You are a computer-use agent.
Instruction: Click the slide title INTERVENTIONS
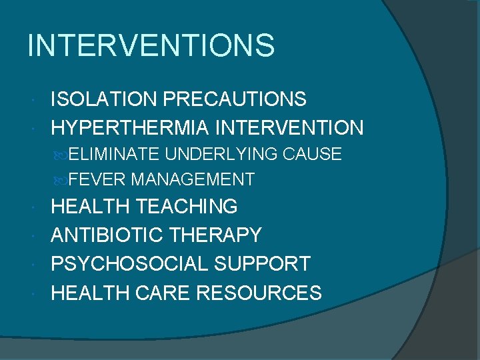tap(151, 46)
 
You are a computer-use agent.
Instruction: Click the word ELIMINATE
tap(113, 155)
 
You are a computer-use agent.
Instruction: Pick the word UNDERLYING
tap(221, 155)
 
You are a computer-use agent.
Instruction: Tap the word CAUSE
tap(313, 155)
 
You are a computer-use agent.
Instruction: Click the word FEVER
tap(97, 179)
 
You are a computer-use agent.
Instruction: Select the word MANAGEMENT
tap(193, 179)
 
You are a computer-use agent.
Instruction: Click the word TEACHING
tap(186, 207)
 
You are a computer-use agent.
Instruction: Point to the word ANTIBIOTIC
tap(109, 235)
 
